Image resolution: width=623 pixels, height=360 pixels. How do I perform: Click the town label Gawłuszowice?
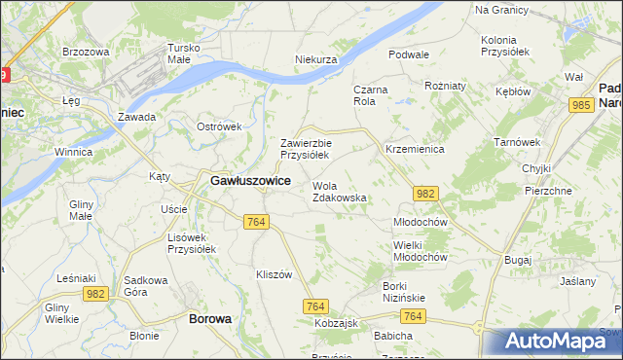coord(250,181)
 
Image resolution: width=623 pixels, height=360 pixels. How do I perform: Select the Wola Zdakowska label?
coord(339,191)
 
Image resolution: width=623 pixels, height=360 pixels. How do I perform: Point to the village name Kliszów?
coord(274,274)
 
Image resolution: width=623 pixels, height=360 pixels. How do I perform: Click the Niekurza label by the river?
coord(315,59)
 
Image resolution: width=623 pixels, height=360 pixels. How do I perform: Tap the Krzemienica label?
coord(415,150)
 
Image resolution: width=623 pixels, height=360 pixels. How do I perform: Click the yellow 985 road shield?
coord(583,105)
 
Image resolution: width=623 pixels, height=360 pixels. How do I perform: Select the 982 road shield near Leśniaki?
coord(94,293)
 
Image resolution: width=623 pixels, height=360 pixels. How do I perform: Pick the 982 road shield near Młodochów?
coord(424,195)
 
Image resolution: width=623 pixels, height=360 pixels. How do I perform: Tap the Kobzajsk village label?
coord(339,322)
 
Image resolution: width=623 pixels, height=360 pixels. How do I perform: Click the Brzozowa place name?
coord(85,52)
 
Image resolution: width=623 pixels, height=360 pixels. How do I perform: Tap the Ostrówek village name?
coord(218,127)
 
